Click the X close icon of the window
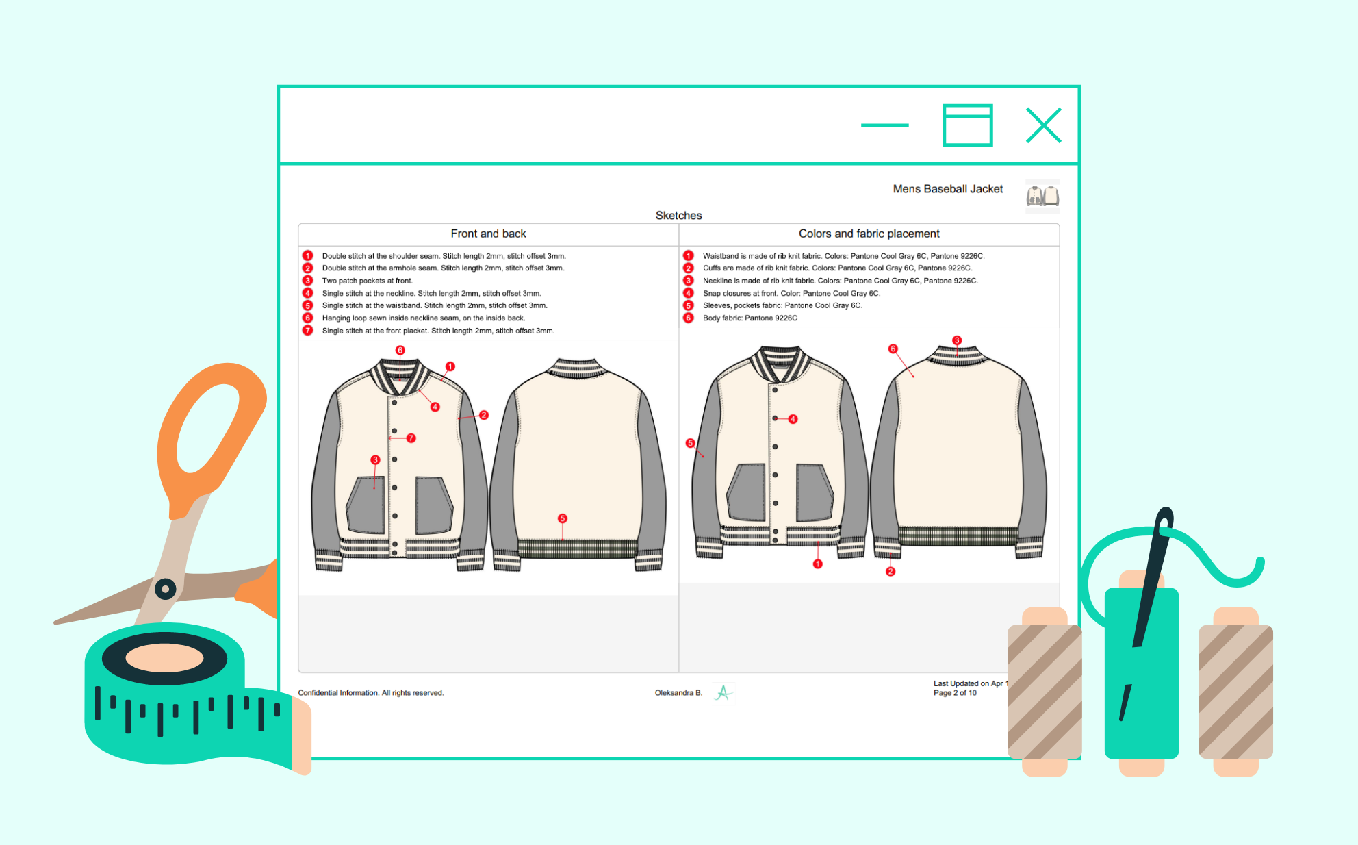pyautogui.click(x=1043, y=125)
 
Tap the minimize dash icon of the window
pyautogui.click(x=884, y=125)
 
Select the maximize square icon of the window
pyautogui.click(x=968, y=125)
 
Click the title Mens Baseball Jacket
pyautogui.click(x=947, y=189)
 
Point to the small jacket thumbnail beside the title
pyautogui.click(x=1042, y=196)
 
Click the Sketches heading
pyautogui.click(x=678, y=216)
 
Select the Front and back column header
pyautogui.click(x=488, y=234)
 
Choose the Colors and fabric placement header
pyautogui.click(x=869, y=234)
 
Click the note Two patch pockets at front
pyautogui.click(x=368, y=281)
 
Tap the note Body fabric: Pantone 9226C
pyautogui.click(x=750, y=318)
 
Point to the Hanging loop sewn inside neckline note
pyautogui.click(x=424, y=318)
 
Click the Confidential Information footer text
pyautogui.click(x=371, y=693)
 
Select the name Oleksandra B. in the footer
pyautogui.click(x=678, y=693)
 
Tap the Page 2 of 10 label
pyautogui.click(x=955, y=693)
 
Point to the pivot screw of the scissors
pyautogui.click(x=165, y=588)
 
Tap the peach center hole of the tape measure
pyautogui.click(x=164, y=658)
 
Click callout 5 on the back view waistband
pyautogui.click(x=562, y=518)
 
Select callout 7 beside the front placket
pyautogui.click(x=411, y=438)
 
